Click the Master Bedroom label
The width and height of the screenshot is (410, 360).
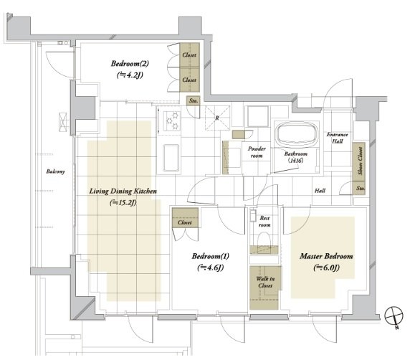tap(326, 256)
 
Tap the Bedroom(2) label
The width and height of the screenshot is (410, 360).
tap(130, 64)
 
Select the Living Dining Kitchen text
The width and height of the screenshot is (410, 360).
tap(123, 191)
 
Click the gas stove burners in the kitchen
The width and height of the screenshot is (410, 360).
tap(172, 120)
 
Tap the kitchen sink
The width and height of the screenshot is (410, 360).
tap(171, 158)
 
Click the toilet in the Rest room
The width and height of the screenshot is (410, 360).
tap(264, 239)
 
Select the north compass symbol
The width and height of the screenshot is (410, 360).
tap(394, 316)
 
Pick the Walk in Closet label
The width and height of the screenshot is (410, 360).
tap(265, 282)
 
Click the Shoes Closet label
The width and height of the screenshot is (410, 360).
tap(360, 161)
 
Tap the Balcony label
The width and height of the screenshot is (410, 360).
tap(55, 171)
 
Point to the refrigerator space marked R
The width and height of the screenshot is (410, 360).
tap(217, 118)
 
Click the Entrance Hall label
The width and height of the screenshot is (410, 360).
tap(338, 138)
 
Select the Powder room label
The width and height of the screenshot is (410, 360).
tap(257, 152)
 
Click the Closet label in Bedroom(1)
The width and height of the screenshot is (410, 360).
tap(185, 222)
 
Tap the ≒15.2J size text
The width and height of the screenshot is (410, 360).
tap(123, 202)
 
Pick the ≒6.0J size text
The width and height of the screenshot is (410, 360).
tap(326, 267)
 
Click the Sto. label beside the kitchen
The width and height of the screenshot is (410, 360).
tap(194, 100)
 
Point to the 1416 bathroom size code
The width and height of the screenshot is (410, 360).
tap(296, 161)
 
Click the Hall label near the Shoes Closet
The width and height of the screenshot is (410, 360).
tap(320, 191)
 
